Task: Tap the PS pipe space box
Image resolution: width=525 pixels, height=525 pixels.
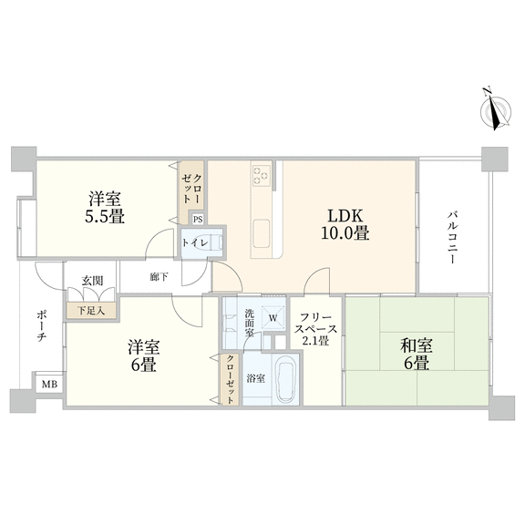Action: point(198,220)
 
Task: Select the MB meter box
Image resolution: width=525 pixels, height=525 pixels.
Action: point(49,384)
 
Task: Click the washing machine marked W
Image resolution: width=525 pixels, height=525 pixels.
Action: point(273,317)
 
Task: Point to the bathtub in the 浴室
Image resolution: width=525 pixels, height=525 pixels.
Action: point(285,380)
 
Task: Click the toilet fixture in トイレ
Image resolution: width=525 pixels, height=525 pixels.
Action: point(208,242)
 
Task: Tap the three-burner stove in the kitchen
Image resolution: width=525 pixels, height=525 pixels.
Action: point(262,175)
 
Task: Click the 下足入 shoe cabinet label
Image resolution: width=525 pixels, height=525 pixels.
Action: point(91,311)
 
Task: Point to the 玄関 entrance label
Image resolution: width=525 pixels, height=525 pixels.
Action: point(92,281)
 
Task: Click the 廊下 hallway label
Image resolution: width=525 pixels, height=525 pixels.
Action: point(159,277)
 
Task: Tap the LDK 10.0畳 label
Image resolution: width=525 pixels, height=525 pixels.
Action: point(345,224)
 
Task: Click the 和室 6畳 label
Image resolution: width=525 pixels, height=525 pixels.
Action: point(417,355)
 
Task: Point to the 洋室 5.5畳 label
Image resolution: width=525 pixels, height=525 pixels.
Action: point(105,208)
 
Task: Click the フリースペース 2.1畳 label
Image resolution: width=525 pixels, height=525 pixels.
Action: point(315,329)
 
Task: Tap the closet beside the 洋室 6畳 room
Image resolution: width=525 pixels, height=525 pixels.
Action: point(230,379)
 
